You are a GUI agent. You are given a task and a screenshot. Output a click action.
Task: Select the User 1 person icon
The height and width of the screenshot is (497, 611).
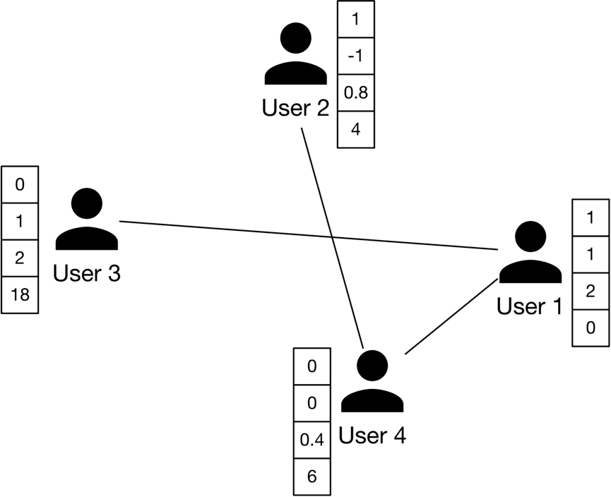530,255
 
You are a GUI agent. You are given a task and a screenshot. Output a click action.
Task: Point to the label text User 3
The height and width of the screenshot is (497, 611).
87,273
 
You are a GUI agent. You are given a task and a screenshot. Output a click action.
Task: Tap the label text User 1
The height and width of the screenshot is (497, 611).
530,306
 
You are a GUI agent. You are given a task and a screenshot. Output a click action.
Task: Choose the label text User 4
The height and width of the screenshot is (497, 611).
372,436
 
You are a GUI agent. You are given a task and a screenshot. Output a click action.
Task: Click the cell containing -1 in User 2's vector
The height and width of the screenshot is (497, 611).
355,56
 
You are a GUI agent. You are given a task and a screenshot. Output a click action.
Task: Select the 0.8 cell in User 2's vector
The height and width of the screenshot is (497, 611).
355,93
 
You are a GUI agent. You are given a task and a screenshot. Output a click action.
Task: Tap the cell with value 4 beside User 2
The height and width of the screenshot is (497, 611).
355,130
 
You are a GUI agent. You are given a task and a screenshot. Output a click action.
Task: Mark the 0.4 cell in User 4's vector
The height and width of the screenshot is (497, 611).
312,440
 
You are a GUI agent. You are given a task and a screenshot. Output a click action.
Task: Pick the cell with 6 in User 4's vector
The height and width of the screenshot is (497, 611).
312,477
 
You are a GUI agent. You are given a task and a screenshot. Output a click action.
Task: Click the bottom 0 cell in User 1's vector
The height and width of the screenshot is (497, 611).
589,328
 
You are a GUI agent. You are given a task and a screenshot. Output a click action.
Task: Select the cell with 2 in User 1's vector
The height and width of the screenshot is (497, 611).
589,291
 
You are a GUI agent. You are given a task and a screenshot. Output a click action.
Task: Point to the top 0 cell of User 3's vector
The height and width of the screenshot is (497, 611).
20,185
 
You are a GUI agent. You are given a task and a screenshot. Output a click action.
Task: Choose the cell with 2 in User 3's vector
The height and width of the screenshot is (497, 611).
20,258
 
